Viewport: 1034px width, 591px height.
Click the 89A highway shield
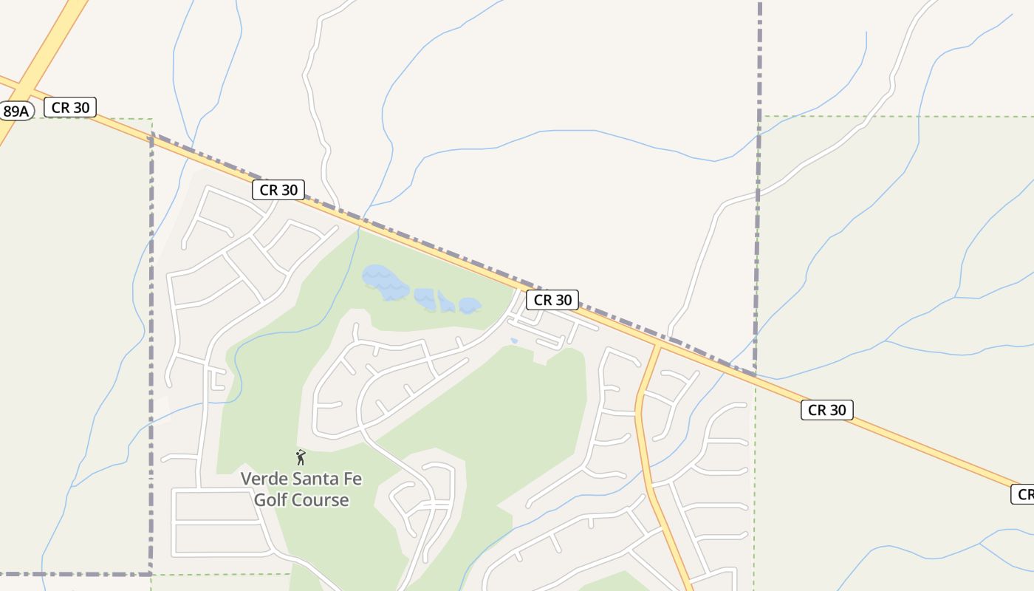tap(15, 112)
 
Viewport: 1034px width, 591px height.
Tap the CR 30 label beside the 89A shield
tap(70, 107)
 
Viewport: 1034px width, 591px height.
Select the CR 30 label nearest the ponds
tap(552, 299)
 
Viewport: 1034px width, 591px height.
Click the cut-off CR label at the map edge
tap(1023, 494)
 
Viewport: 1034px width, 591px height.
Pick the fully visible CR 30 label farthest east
tap(826, 410)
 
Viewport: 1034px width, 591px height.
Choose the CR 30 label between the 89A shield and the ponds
tap(278, 190)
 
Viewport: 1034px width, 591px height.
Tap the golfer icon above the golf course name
tap(301, 457)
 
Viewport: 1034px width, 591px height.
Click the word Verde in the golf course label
tap(264, 479)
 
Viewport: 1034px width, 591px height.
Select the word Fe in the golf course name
tap(353, 479)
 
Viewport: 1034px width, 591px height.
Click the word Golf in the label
tap(270, 500)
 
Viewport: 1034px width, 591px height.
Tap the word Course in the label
tap(321, 500)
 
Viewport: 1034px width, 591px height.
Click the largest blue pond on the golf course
tap(385, 281)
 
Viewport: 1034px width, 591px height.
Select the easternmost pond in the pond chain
tap(470, 305)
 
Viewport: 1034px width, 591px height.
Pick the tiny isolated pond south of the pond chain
tap(514, 341)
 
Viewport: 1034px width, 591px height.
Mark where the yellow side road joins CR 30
tap(657, 344)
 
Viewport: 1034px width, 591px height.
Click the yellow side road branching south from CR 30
tap(641, 414)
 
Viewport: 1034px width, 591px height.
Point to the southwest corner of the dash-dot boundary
tap(151, 573)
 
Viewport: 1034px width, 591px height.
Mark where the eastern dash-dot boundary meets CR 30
tap(756, 375)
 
